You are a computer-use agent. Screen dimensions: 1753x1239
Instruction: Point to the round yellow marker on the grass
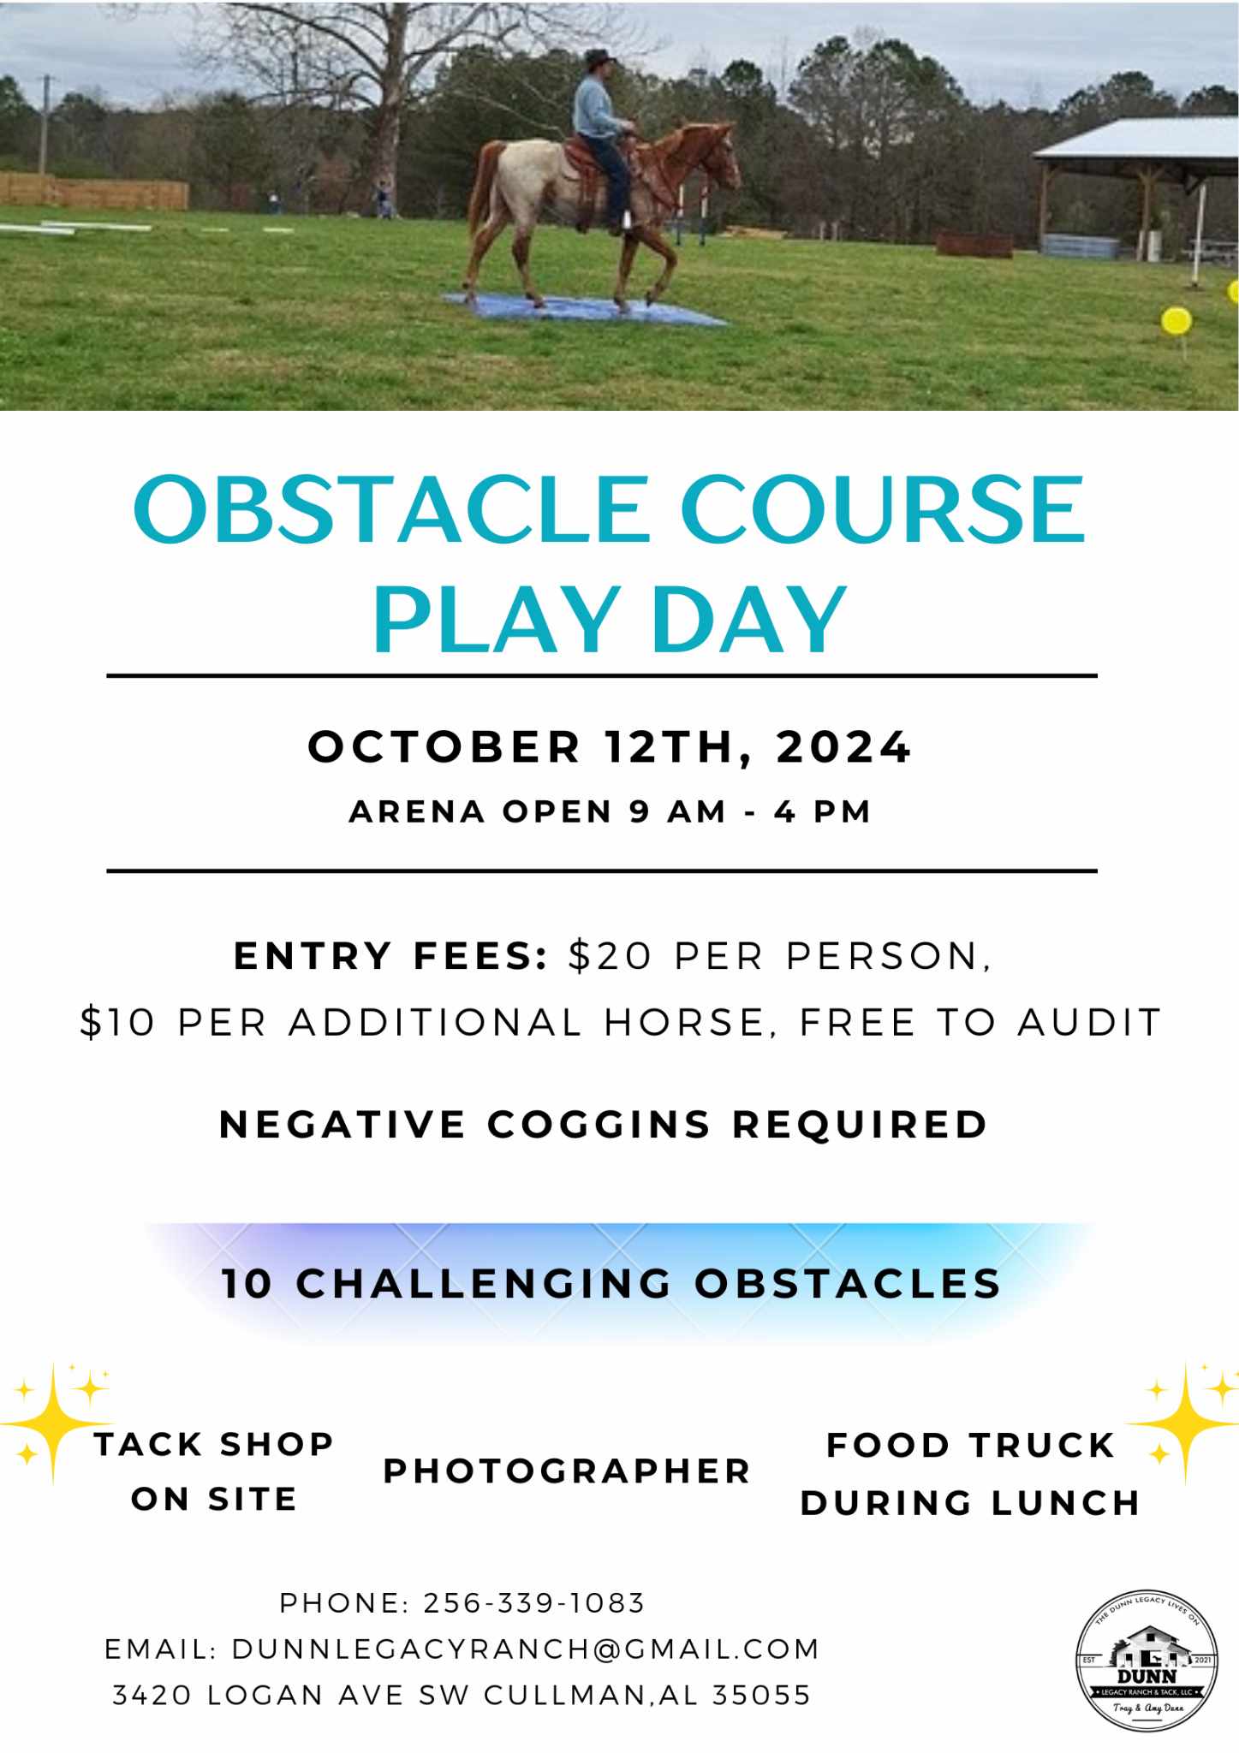tap(1176, 322)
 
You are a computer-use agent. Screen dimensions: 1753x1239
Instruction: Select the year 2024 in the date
tap(843, 746)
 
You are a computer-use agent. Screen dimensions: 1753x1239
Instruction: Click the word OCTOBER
tap(444, 746)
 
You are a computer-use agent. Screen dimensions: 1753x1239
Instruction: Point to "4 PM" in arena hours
tap(822, 811)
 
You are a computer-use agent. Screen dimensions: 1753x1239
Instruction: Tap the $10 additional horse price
tap(117, 1022)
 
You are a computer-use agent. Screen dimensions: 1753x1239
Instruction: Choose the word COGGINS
tap(599, 1124)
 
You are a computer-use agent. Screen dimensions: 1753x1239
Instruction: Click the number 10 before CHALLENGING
tap(247, 1283)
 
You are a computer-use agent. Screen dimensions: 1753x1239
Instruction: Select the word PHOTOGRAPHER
tap(567, 1471)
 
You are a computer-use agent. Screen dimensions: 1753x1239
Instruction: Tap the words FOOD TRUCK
tap(970, 1446)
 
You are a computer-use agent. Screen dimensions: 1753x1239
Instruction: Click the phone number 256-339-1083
tap(534, 1603)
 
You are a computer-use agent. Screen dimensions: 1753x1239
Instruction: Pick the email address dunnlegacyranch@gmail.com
tap(526, 1649)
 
